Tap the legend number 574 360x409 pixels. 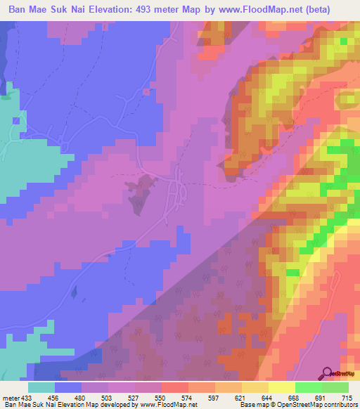(186, 397)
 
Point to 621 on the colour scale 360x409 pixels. (239, 397)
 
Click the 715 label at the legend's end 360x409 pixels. (345, 397)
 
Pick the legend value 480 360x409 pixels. (81, 397)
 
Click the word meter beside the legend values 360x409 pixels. (11, 397)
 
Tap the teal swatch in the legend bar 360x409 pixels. (41, 387)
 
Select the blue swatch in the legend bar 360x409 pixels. (68, 387)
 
